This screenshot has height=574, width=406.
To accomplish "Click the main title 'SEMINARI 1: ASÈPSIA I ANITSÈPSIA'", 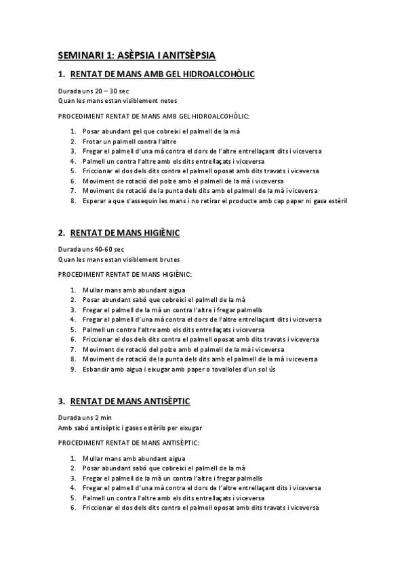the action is pos(137,55).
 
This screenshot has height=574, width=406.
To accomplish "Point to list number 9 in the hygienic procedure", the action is pos(73,369).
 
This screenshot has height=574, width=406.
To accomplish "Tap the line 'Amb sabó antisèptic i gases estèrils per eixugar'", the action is pos(129,427).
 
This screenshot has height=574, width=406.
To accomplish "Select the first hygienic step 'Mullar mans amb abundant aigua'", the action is pos(129,289).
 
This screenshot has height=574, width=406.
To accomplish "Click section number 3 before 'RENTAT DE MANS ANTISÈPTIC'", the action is pos(61,401).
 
